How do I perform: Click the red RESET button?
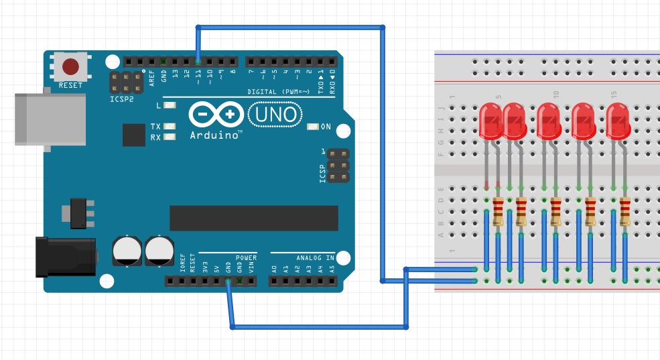70,66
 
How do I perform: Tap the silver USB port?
50,119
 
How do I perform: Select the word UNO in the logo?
275,115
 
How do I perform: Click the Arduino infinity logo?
215,115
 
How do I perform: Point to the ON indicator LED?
312,127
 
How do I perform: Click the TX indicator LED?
169,126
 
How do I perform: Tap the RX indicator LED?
169,137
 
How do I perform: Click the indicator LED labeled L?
169,105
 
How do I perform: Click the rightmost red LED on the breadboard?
618,121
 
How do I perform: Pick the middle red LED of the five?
548,121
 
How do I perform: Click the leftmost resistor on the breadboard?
498,212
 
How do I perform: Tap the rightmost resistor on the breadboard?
624,212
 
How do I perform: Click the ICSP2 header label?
122,99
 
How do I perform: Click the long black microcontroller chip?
253,218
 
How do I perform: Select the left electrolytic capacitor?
126,250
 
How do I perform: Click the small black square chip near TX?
134,135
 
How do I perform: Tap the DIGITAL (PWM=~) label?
278,92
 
